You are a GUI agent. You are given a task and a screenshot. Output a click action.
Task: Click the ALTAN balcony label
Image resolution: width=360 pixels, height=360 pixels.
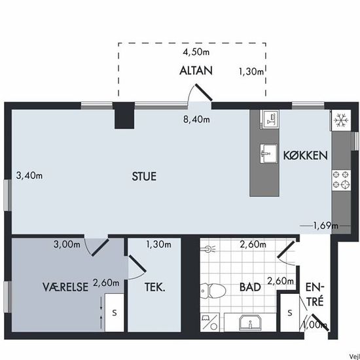[x=196, y=71]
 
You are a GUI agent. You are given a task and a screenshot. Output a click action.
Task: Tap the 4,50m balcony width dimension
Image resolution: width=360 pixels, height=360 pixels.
[x=196, y=52]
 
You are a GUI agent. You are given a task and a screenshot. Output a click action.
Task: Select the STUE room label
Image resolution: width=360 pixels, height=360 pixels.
[x=144, y=176]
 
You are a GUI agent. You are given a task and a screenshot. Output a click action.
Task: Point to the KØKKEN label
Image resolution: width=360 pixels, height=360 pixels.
[x=306, y=155]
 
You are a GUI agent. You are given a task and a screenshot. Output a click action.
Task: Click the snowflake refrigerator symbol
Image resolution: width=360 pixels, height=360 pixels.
[x=341, y=120]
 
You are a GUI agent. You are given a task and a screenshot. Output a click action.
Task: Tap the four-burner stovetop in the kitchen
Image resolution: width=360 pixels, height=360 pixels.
[x=341, y=179]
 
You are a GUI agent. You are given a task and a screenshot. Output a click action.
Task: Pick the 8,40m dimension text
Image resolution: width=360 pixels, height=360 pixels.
[x=196, y=119]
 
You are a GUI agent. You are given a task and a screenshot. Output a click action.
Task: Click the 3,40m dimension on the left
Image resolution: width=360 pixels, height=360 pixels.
[x=29, y=175]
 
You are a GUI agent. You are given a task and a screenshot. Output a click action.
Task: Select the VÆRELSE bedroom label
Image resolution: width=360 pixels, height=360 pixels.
[x=65, y=287]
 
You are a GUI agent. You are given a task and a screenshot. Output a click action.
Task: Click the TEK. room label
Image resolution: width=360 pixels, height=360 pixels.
[x=154, y=287]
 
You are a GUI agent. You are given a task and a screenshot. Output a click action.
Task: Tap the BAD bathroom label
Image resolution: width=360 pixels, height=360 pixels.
[x=250, y=287]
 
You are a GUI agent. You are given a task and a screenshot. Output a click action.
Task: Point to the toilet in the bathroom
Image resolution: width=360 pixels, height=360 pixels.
[x=213, y=291]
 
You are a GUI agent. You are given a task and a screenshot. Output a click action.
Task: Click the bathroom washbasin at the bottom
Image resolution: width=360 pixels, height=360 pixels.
[x=250, y=322]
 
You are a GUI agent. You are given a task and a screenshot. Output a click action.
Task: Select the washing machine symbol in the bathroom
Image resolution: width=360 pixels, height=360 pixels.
[x=210, y=322]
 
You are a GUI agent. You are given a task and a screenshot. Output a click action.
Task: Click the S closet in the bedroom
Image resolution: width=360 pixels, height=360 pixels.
[x=115, y=312]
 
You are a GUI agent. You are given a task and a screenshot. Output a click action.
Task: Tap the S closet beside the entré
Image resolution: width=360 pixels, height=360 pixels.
[x=290, y=312]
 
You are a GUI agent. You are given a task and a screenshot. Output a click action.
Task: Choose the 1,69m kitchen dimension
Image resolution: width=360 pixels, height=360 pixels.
[x=326, y=226]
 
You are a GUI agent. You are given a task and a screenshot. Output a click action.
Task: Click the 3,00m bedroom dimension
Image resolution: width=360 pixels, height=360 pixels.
[x=67, y=244]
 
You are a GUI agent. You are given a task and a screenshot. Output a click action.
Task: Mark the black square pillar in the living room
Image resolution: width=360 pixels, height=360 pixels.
[x=124, y=116]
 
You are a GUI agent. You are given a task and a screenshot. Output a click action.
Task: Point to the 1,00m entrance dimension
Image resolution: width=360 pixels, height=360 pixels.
[x=315, y=325]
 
